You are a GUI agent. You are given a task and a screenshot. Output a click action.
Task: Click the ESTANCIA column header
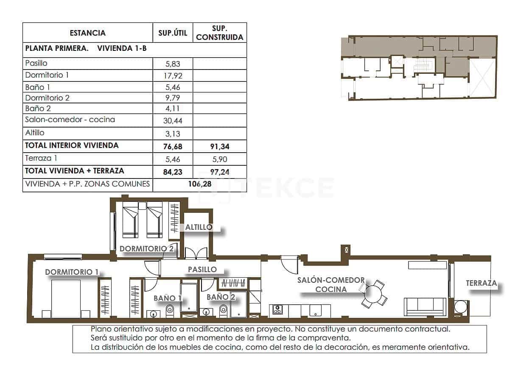[87, 33]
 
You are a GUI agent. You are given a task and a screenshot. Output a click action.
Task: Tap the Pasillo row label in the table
[36, 64]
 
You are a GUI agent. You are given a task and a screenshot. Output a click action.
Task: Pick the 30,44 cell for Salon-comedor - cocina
[172, 120]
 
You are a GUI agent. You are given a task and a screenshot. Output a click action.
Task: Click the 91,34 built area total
[219, 147]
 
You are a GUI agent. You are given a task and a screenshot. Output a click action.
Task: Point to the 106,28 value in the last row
[199, 184]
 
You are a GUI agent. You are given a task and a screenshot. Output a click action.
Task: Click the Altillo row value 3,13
[172, 134]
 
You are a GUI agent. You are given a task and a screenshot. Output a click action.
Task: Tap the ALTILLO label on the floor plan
[199, 227]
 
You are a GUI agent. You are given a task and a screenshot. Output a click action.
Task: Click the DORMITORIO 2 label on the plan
[146, 248]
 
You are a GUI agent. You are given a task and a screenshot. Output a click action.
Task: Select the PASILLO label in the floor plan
[202, 269]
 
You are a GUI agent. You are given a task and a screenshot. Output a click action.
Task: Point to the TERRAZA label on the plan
[481, 283]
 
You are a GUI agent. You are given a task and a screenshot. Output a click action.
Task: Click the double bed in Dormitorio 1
[66, 298]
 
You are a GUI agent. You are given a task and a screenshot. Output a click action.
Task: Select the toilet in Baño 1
[170, 310]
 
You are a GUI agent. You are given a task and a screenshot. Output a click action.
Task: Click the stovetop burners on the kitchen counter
[277, 310]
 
